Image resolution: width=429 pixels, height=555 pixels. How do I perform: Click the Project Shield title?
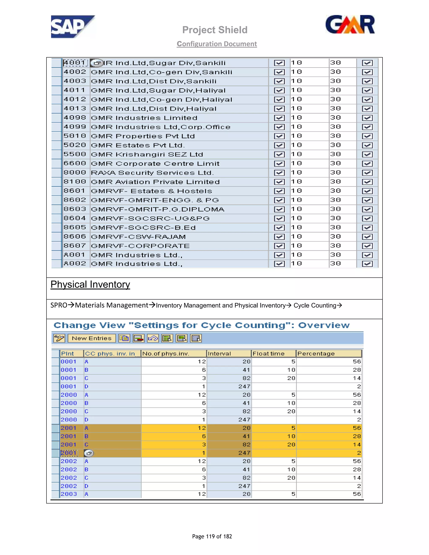pos(215,30)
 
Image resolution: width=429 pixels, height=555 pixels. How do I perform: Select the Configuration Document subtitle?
pos(217,44)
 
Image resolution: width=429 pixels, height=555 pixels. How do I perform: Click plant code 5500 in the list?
pos(75,154)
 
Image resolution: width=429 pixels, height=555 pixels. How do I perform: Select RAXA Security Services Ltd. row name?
pos(152,173)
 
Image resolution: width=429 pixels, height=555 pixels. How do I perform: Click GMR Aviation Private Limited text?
pos(155,182)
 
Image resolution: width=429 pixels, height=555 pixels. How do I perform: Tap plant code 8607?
pos(75,246)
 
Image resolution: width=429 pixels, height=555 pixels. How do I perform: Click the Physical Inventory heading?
pos(90,284)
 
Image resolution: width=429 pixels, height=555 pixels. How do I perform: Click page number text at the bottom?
pos(212,536)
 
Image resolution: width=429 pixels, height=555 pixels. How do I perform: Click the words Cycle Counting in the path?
pos(315,305)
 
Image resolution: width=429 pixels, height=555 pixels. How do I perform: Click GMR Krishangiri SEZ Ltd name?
pos(147,155)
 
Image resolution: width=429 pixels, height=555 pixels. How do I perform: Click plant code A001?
pos(74,255)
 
